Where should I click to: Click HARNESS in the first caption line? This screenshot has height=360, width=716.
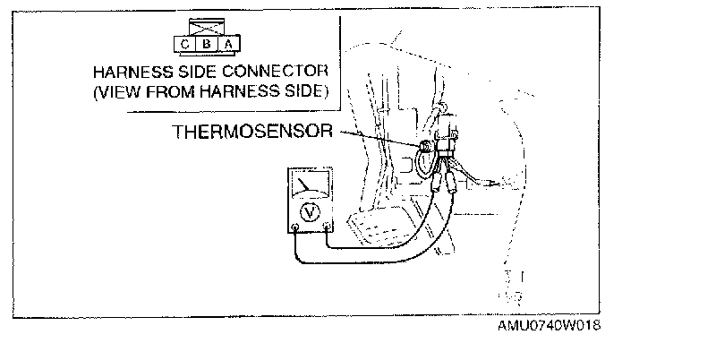click(132, 71)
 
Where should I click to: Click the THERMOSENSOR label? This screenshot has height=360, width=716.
click(252, 133)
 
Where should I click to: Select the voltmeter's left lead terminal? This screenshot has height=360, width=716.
click(296, 229)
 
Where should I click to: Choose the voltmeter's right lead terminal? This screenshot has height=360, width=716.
click(327, 229)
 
